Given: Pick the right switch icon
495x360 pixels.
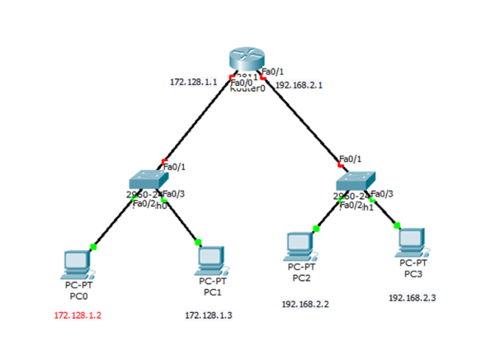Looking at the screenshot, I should pos(356,181).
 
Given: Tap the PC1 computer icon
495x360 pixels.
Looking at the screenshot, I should pos(212,260).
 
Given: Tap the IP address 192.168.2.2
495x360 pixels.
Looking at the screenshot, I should pos(305,304).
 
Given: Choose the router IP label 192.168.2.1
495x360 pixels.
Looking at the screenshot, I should pos(299,84).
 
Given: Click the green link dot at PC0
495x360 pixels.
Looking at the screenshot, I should pos(94,245).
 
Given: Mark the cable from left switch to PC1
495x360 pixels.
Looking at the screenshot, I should pos(181,221).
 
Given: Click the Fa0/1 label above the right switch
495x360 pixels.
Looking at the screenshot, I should pos(350,158).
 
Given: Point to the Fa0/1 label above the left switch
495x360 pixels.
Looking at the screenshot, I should pos(175,167).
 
